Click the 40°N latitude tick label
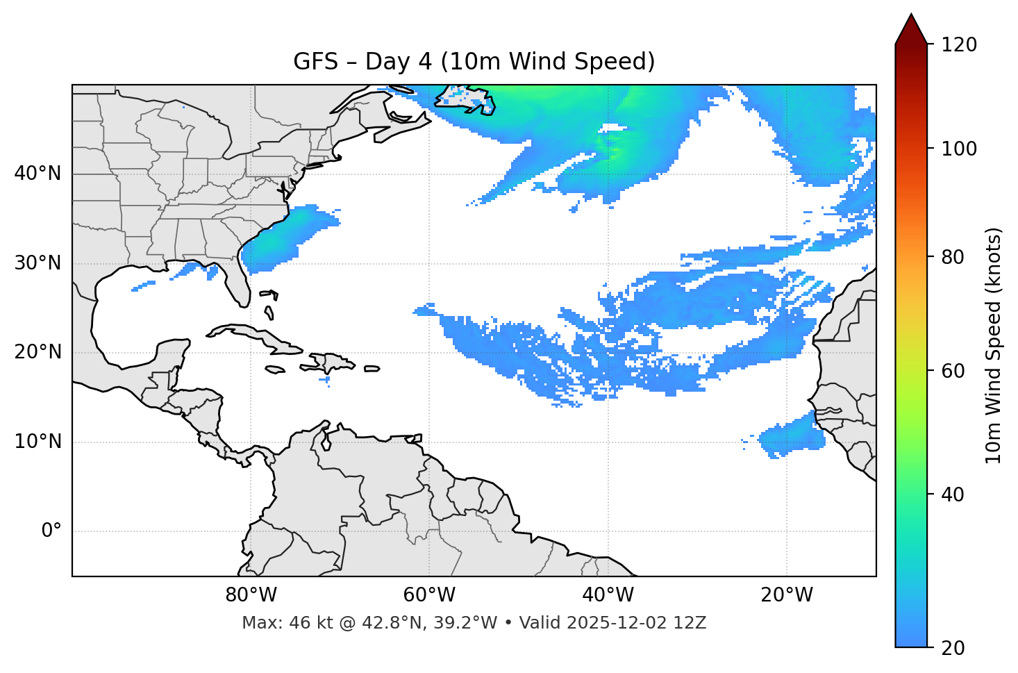click(37, 174)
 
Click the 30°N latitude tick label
click(37, 263)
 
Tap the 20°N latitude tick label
click(37, 352)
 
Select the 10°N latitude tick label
click(37, 442)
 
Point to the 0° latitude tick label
click(51, 531)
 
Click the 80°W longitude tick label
click(251, 595)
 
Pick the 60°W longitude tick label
click(429, 595)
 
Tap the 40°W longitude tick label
click(608, 595)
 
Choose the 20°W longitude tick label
click(787, 595)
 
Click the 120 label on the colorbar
click(959, 45)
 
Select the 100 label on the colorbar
click(959, 149)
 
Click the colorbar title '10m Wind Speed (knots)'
click(994, 345)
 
